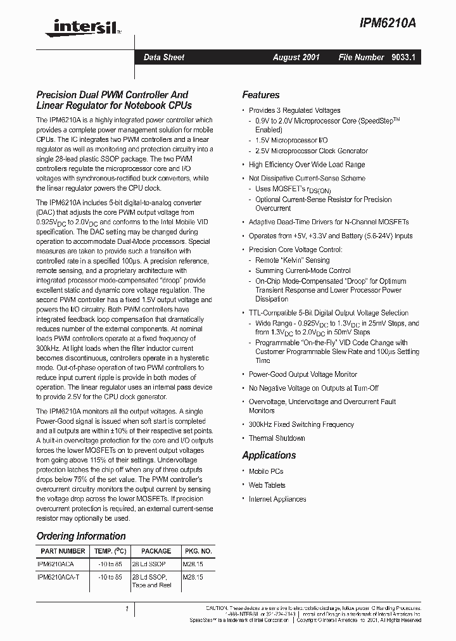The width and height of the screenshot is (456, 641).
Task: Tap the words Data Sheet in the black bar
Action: [164, 57]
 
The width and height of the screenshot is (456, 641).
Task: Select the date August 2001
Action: [296, 57]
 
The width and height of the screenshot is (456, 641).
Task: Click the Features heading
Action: [260, 95]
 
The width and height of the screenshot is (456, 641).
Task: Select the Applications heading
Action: [269, 455]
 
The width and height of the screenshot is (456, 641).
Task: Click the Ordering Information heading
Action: [81, 536]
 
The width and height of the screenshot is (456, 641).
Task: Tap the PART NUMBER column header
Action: [63, 551]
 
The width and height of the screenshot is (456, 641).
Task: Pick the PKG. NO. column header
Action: [197, 551]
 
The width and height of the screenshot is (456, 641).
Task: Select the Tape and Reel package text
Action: [151, 585]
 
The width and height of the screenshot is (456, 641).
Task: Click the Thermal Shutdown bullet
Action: [277, 438]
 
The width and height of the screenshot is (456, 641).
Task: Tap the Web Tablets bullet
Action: [267, 485]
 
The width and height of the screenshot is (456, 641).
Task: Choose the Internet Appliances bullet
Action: [277, 499]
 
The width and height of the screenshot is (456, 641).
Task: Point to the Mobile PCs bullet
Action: [266, 471]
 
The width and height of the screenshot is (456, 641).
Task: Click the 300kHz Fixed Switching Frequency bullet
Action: [301, 424]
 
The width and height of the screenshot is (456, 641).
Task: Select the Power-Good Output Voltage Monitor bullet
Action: [303, 374]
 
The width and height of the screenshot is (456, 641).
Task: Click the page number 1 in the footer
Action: [127, 609]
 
